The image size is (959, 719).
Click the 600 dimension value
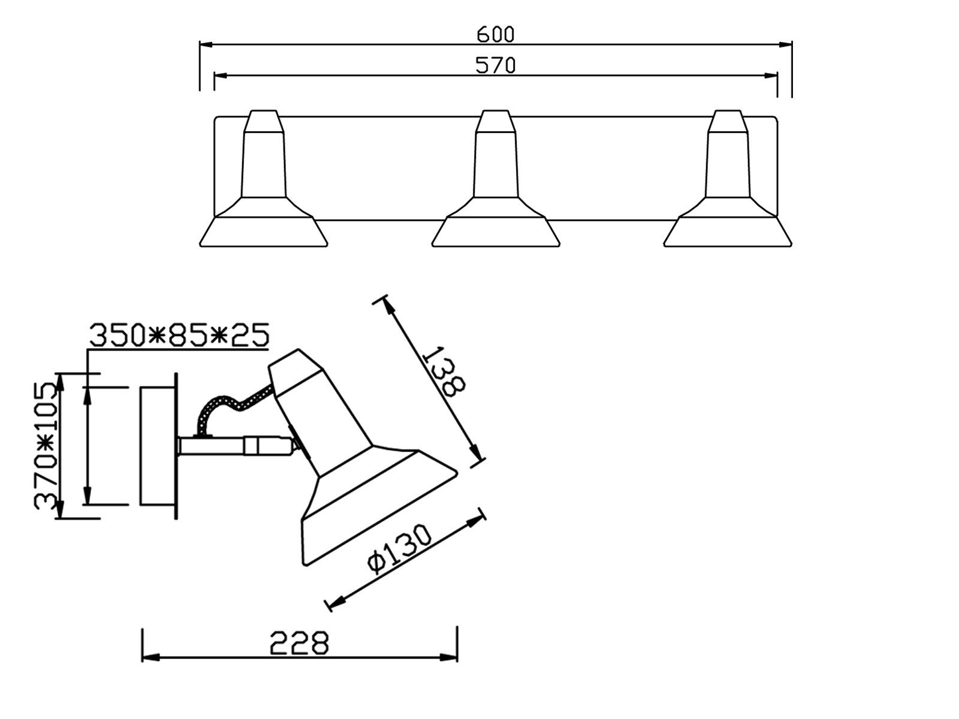tap(495, 35)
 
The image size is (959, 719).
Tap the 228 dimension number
tap(299, 644)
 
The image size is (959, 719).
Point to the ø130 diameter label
tap(400, 549)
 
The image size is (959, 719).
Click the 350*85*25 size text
tap(179, 336)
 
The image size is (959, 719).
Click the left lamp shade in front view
tap(264, 231)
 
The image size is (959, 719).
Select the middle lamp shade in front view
tap(496, 231)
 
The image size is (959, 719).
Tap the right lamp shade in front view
tap(728, 231)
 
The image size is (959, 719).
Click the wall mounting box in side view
tap(157, 446)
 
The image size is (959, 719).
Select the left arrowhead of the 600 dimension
tap(206, 44)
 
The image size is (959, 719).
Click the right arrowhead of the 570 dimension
tap(771, 75)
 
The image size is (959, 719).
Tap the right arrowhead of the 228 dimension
tap(451, 657)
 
